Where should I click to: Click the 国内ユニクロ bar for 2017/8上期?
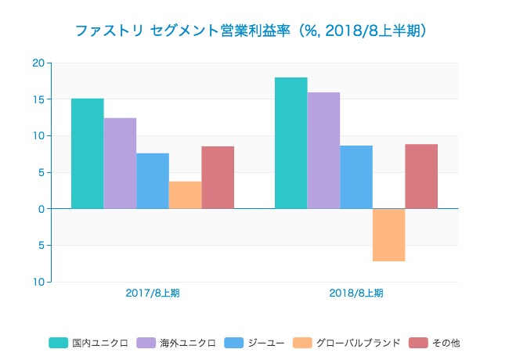[87, 153]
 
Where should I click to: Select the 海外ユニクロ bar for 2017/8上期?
[120, 164]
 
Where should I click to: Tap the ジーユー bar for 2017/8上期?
[152, 181]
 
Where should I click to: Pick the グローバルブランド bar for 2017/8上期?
[185, 195]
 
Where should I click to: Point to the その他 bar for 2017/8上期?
[218, 178]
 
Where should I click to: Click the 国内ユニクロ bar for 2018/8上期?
[291, 143]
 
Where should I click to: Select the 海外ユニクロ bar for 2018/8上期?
[323, 150]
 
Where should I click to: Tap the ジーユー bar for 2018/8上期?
[356, 177]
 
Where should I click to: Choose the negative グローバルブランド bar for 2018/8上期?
[388, 235]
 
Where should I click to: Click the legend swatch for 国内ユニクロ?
[59, 342]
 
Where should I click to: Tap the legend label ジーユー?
[264, 342]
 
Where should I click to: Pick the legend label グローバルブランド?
[358, 342]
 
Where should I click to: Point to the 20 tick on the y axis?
[38, 63]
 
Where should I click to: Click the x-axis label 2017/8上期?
[152, 293]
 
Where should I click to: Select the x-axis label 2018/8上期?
[356, 293]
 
